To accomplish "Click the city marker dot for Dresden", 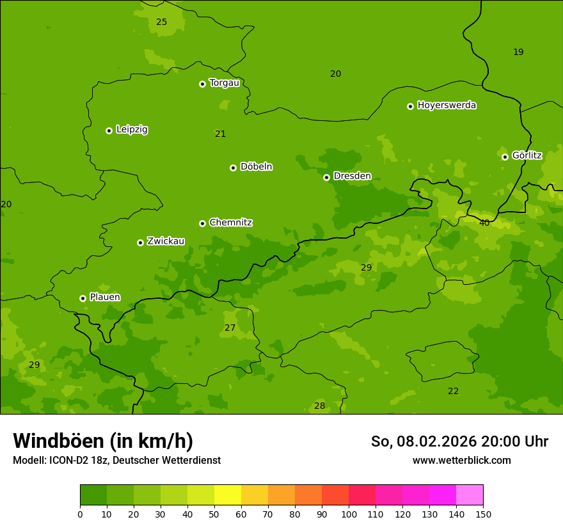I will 326,177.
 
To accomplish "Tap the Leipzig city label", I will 132,130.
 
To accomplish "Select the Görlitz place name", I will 527,155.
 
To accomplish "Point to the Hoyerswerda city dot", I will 410,106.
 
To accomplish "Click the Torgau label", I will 224,83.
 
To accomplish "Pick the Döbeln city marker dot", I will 233,168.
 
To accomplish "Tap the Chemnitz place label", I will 230,223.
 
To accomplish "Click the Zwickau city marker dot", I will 140,242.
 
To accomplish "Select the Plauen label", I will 105,297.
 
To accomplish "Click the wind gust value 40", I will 484,223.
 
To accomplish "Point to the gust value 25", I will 162,22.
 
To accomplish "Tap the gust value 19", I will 518,52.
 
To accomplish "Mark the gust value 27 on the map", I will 230,328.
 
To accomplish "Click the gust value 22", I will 453,392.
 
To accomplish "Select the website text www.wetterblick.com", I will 461,461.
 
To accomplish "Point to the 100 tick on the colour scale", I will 349,514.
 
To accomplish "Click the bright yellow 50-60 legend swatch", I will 228,495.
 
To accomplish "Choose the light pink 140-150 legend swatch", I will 470,495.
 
